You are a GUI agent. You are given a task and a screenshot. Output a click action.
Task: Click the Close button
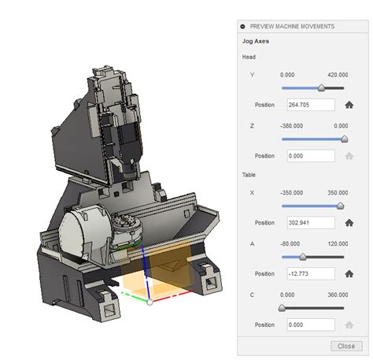pos(345,346)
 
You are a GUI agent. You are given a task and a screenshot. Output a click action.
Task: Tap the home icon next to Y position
pos(349,104)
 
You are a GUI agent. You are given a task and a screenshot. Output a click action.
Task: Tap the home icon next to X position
pos(349,223)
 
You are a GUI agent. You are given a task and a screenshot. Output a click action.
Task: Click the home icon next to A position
pos(349,274)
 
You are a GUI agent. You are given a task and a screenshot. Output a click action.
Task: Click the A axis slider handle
pos(303,257)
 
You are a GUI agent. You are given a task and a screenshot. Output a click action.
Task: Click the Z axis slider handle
pos(344,139)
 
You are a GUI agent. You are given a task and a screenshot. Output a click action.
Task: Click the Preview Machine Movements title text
pos(292,26)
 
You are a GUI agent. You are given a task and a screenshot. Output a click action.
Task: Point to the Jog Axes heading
pos(257,41)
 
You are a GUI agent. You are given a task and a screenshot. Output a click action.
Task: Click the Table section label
pos(249,174)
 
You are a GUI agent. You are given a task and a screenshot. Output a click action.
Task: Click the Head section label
pos(249,57)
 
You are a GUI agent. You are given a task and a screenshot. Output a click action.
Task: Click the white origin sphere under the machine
pos(150,302)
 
